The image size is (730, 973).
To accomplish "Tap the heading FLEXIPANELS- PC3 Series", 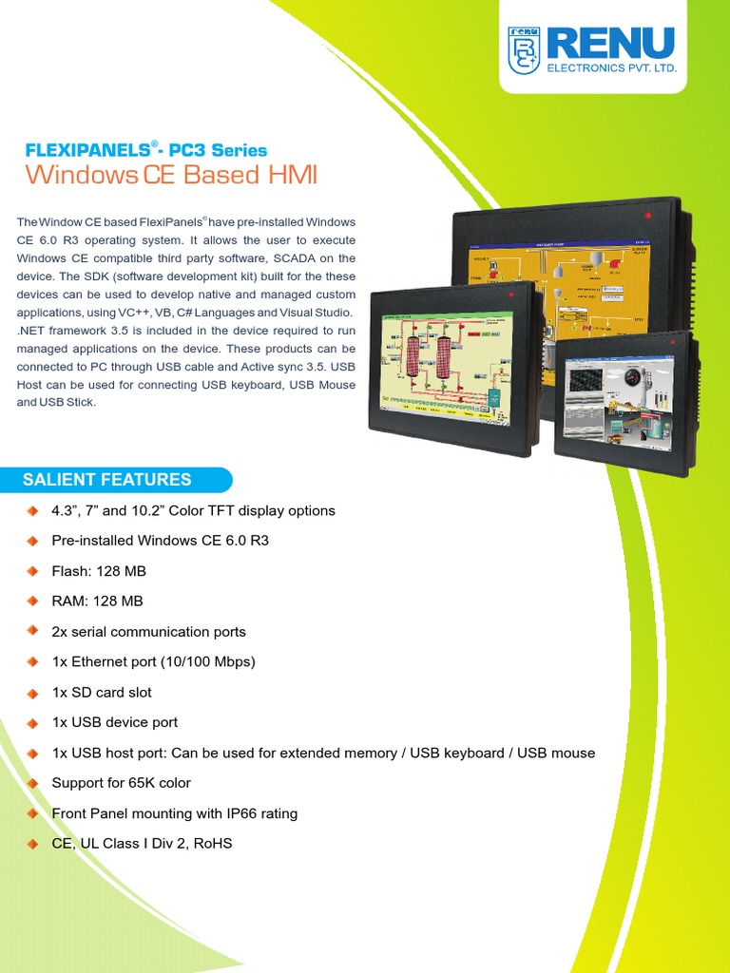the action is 145,150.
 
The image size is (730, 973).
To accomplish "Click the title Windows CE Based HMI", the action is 171,175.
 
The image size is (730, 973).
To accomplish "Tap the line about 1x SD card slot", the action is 102,693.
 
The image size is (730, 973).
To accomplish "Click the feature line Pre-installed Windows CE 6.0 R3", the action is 160,541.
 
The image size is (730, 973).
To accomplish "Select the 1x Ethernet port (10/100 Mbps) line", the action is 153,662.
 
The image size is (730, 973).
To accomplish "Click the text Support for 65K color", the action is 121,783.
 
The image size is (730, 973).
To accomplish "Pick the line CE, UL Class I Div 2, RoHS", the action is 142,844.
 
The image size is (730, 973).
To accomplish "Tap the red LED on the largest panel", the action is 647,217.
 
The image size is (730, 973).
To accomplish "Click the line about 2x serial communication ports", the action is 148,632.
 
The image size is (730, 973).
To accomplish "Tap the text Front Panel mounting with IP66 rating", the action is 174,813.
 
